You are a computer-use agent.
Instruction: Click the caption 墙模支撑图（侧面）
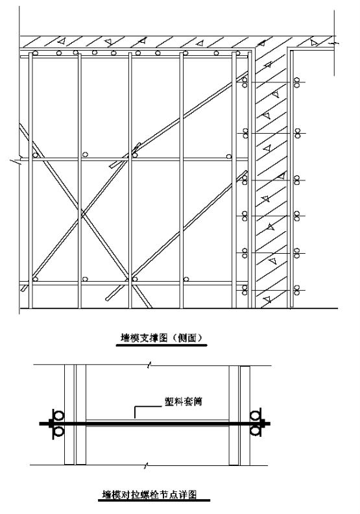click(162, 337)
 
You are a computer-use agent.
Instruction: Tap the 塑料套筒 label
click(183, 401)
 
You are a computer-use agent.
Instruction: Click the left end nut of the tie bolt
click(51, 424)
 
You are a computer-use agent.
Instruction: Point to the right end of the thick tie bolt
click(270, 424)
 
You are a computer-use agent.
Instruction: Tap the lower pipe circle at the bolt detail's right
click(255, 431)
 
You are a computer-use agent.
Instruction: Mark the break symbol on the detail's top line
click(149, 365)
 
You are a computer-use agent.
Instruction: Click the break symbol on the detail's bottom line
click(147, 465)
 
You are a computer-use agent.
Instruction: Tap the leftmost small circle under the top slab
click(36, 53)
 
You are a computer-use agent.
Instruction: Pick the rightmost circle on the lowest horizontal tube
click(186, 279)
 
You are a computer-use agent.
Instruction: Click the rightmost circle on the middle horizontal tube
click(228, 156)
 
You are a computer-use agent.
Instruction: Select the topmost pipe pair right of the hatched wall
click(297, 82)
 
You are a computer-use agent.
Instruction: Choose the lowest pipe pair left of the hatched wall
click(245, 290)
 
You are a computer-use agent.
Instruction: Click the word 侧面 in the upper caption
click(187, 337)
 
